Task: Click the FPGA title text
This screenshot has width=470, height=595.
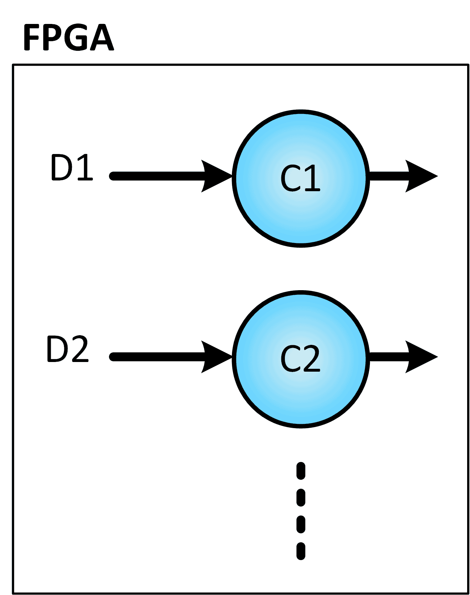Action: [68, 38]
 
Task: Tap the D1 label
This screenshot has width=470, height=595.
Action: [71, 168]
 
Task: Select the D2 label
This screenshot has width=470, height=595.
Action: [68, 349]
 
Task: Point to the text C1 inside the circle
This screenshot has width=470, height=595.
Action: [300, 178]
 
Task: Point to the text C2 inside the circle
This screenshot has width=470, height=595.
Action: [300, 359]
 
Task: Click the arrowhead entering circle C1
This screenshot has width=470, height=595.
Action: [214, 176]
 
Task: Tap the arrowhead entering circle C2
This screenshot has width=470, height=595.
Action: [214, 357]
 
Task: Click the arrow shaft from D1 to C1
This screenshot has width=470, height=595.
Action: [157, 176]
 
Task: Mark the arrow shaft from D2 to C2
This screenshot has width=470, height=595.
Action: [157, 357]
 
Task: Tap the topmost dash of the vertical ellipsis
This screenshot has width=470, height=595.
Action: [301, 471]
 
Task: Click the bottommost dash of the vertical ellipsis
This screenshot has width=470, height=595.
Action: [301, 551]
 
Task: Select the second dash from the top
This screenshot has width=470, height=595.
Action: [301, 497]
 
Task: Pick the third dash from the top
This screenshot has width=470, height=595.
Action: [301, 524]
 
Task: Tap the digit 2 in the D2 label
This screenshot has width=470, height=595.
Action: [78, 349]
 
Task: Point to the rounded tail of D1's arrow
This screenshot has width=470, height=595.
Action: [113, 176]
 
